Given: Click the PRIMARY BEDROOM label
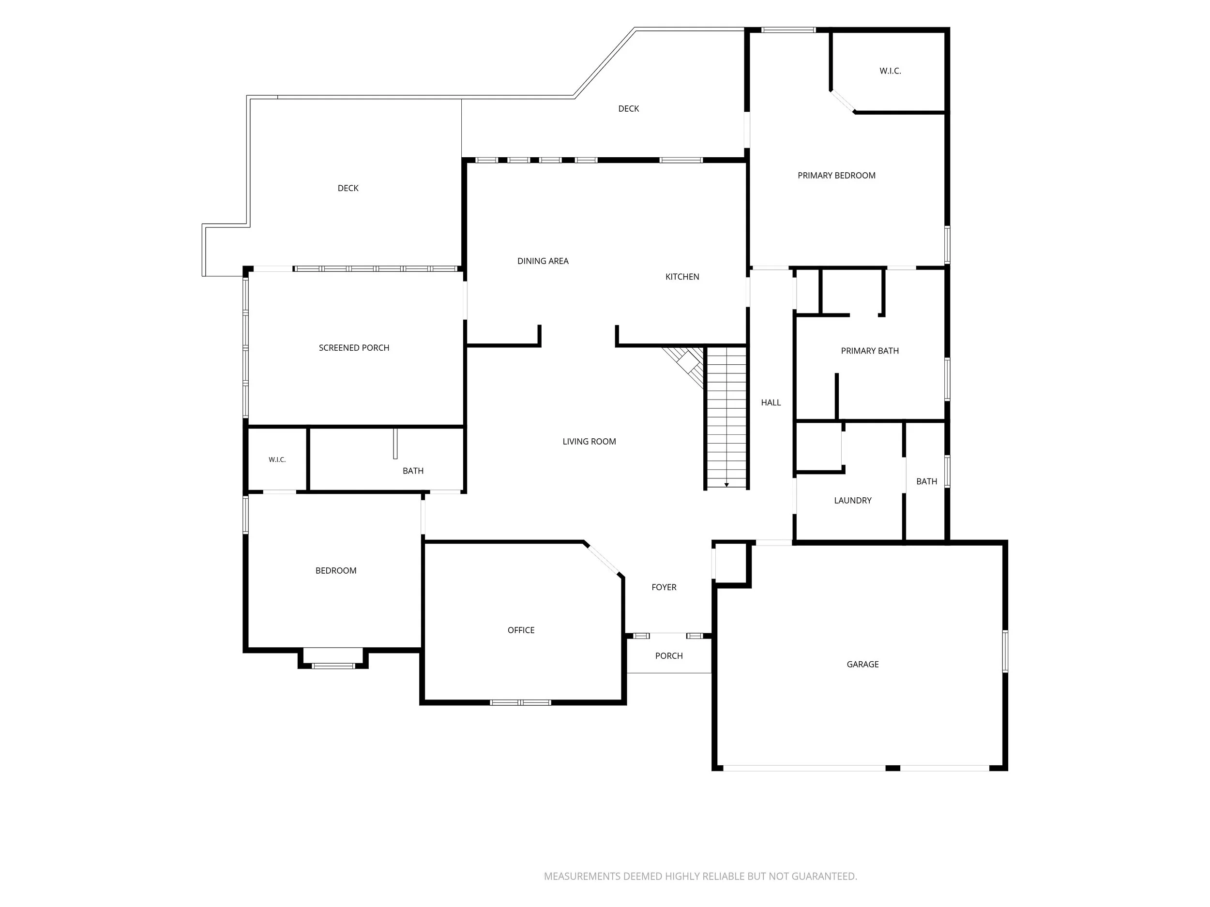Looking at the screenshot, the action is [x=836, y=176].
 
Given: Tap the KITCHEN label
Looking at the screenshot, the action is [x=682, y=277].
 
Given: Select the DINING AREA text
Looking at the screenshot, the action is [x=543, y=261].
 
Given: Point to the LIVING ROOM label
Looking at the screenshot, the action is [x=589, y=442].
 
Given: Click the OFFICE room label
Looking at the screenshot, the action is [x=521, y=630].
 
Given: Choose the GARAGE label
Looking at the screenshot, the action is [x=862, y=664].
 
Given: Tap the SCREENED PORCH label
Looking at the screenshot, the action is [x=354, y=348].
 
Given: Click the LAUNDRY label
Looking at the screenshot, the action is [x=853, y=500].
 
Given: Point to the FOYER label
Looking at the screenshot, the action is [x=664, y=587].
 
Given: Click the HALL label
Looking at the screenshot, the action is [x=771, y=403].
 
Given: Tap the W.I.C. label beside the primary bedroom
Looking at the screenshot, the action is [x=890, y=71].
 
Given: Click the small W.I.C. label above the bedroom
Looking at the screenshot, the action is [x=277, y=460].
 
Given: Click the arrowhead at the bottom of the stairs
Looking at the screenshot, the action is [x=726, y=485].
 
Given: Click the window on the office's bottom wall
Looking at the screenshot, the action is [x=520, y=702].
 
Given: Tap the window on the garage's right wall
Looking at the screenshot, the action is [x=1005, y=651].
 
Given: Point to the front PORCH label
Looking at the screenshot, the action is [x=669, y=656].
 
